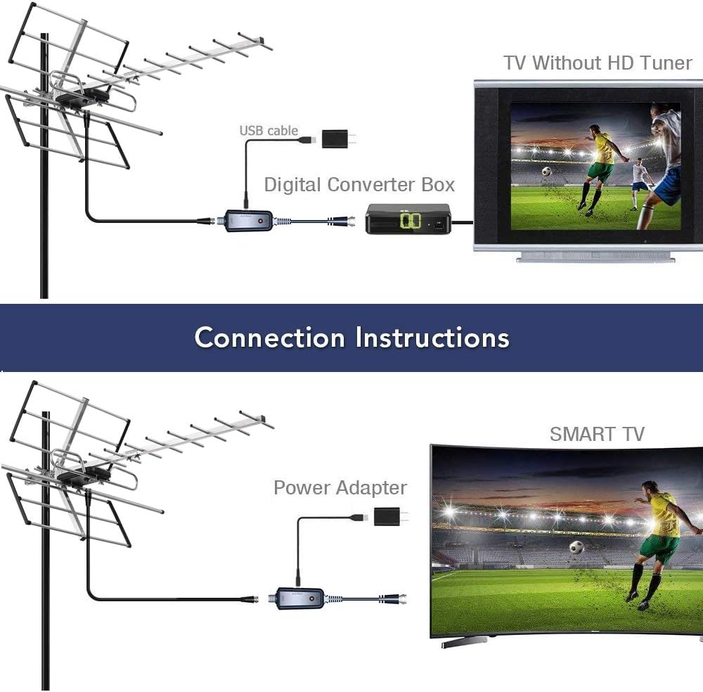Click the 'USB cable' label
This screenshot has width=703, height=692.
[269, 131]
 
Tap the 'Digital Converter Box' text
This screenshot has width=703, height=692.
[359, 185]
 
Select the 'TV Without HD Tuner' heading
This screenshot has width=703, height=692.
[598, 63]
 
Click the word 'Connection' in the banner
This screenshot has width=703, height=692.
[269, 338]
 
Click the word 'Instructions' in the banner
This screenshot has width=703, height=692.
[432, 338]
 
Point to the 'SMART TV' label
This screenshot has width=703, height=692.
[597, 434]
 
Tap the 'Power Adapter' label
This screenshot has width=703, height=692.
[340, 488]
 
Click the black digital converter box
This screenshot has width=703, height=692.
[408, 219]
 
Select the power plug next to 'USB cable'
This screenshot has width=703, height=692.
[340, 139]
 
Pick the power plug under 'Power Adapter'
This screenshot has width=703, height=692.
[391, 517]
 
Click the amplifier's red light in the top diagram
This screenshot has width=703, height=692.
[262, 220]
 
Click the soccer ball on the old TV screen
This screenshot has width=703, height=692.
[546, 172]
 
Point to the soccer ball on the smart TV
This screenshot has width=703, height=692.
[576, 547]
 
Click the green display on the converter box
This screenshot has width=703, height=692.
[411, 219]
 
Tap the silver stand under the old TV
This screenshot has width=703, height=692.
[596, 257]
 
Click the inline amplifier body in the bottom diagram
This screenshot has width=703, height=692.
[299, 598]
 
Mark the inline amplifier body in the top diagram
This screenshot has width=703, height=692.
[248, 221]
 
